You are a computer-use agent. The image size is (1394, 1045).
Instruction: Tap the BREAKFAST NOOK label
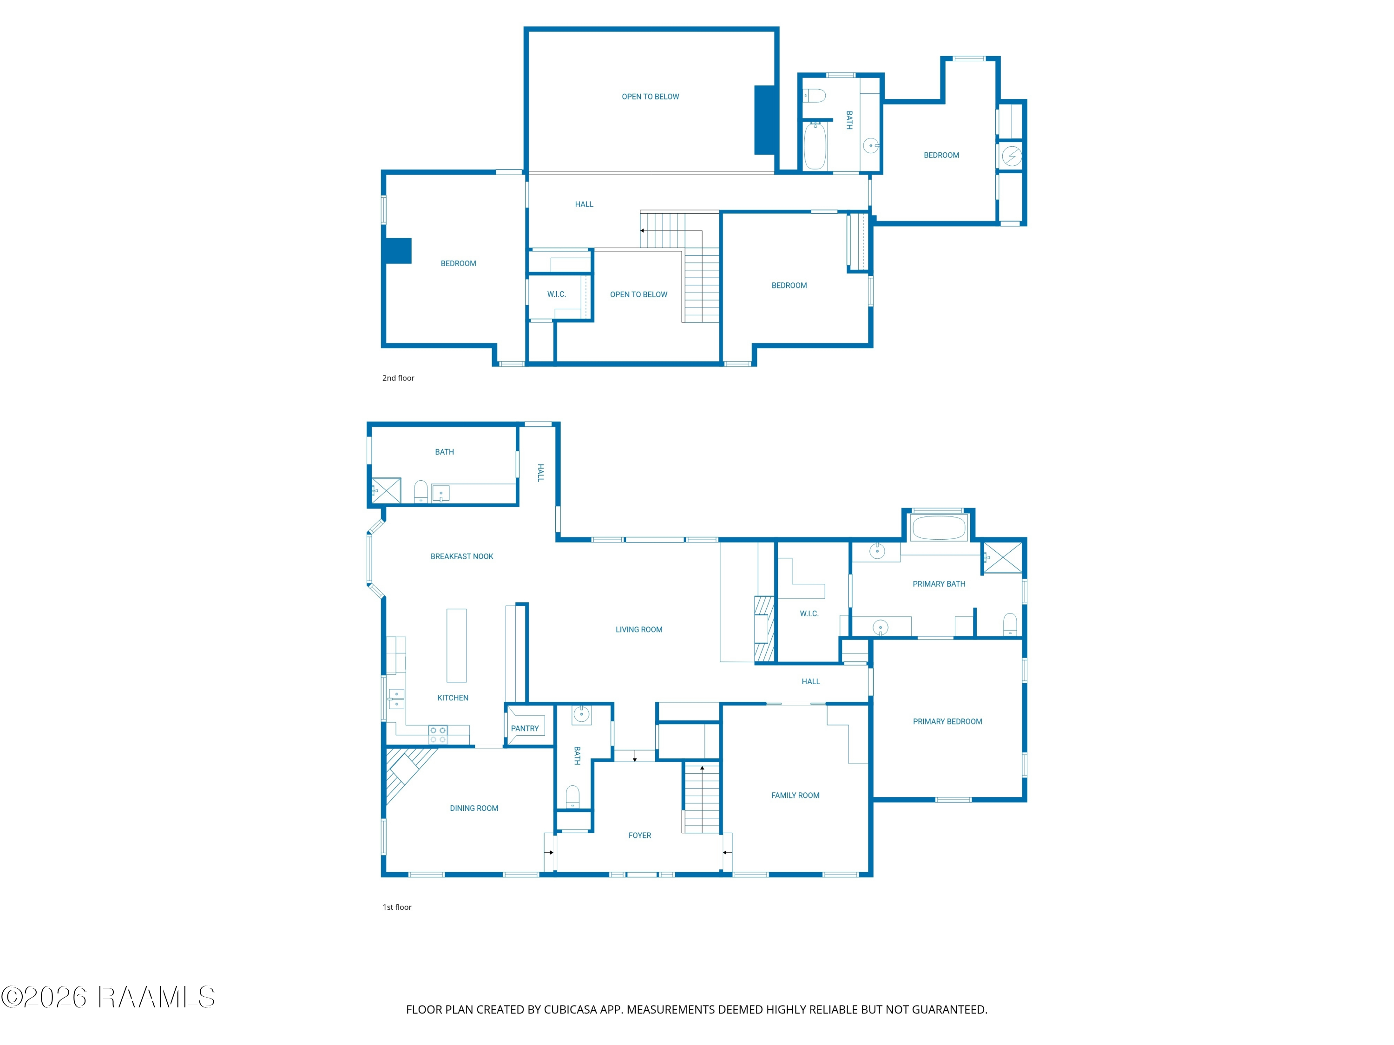pyautogui.click(x=461, y=556)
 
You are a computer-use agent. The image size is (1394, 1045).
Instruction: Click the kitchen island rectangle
pyautogui.click(x=456, y=645)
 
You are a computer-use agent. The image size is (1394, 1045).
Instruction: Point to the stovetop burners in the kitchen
pyautogui.click(x=438, y=734)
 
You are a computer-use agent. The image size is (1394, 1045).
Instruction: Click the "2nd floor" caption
pyautogui.click(x=398, y=378)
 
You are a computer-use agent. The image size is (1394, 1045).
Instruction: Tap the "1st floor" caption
pyautogui.click(x=397, y=907)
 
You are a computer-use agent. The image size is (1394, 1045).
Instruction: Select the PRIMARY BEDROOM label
pyautogui.click(x=947, y=721)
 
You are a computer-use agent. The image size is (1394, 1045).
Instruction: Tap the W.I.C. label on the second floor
pyautogui.click(x=557, y=294)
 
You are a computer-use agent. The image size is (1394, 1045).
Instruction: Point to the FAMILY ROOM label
pyautogui.click(x=796, y=795)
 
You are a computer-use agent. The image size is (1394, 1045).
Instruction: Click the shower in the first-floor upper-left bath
pyautogui.click(x=386, y=491)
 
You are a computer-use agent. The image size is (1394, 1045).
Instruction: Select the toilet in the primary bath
pyautogui.click(x=1010, y=624)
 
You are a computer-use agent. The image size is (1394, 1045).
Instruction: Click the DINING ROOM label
pyautogui.click(x=474, y=808)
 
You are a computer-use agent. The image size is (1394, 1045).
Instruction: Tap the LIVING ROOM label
pyautogui.click(x=639, y=629)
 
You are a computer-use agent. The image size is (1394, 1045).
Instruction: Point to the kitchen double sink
pyautogui.click(x=396, y=699)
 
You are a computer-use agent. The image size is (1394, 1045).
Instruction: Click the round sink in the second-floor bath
pyautogui.click(x=870, y=146)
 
